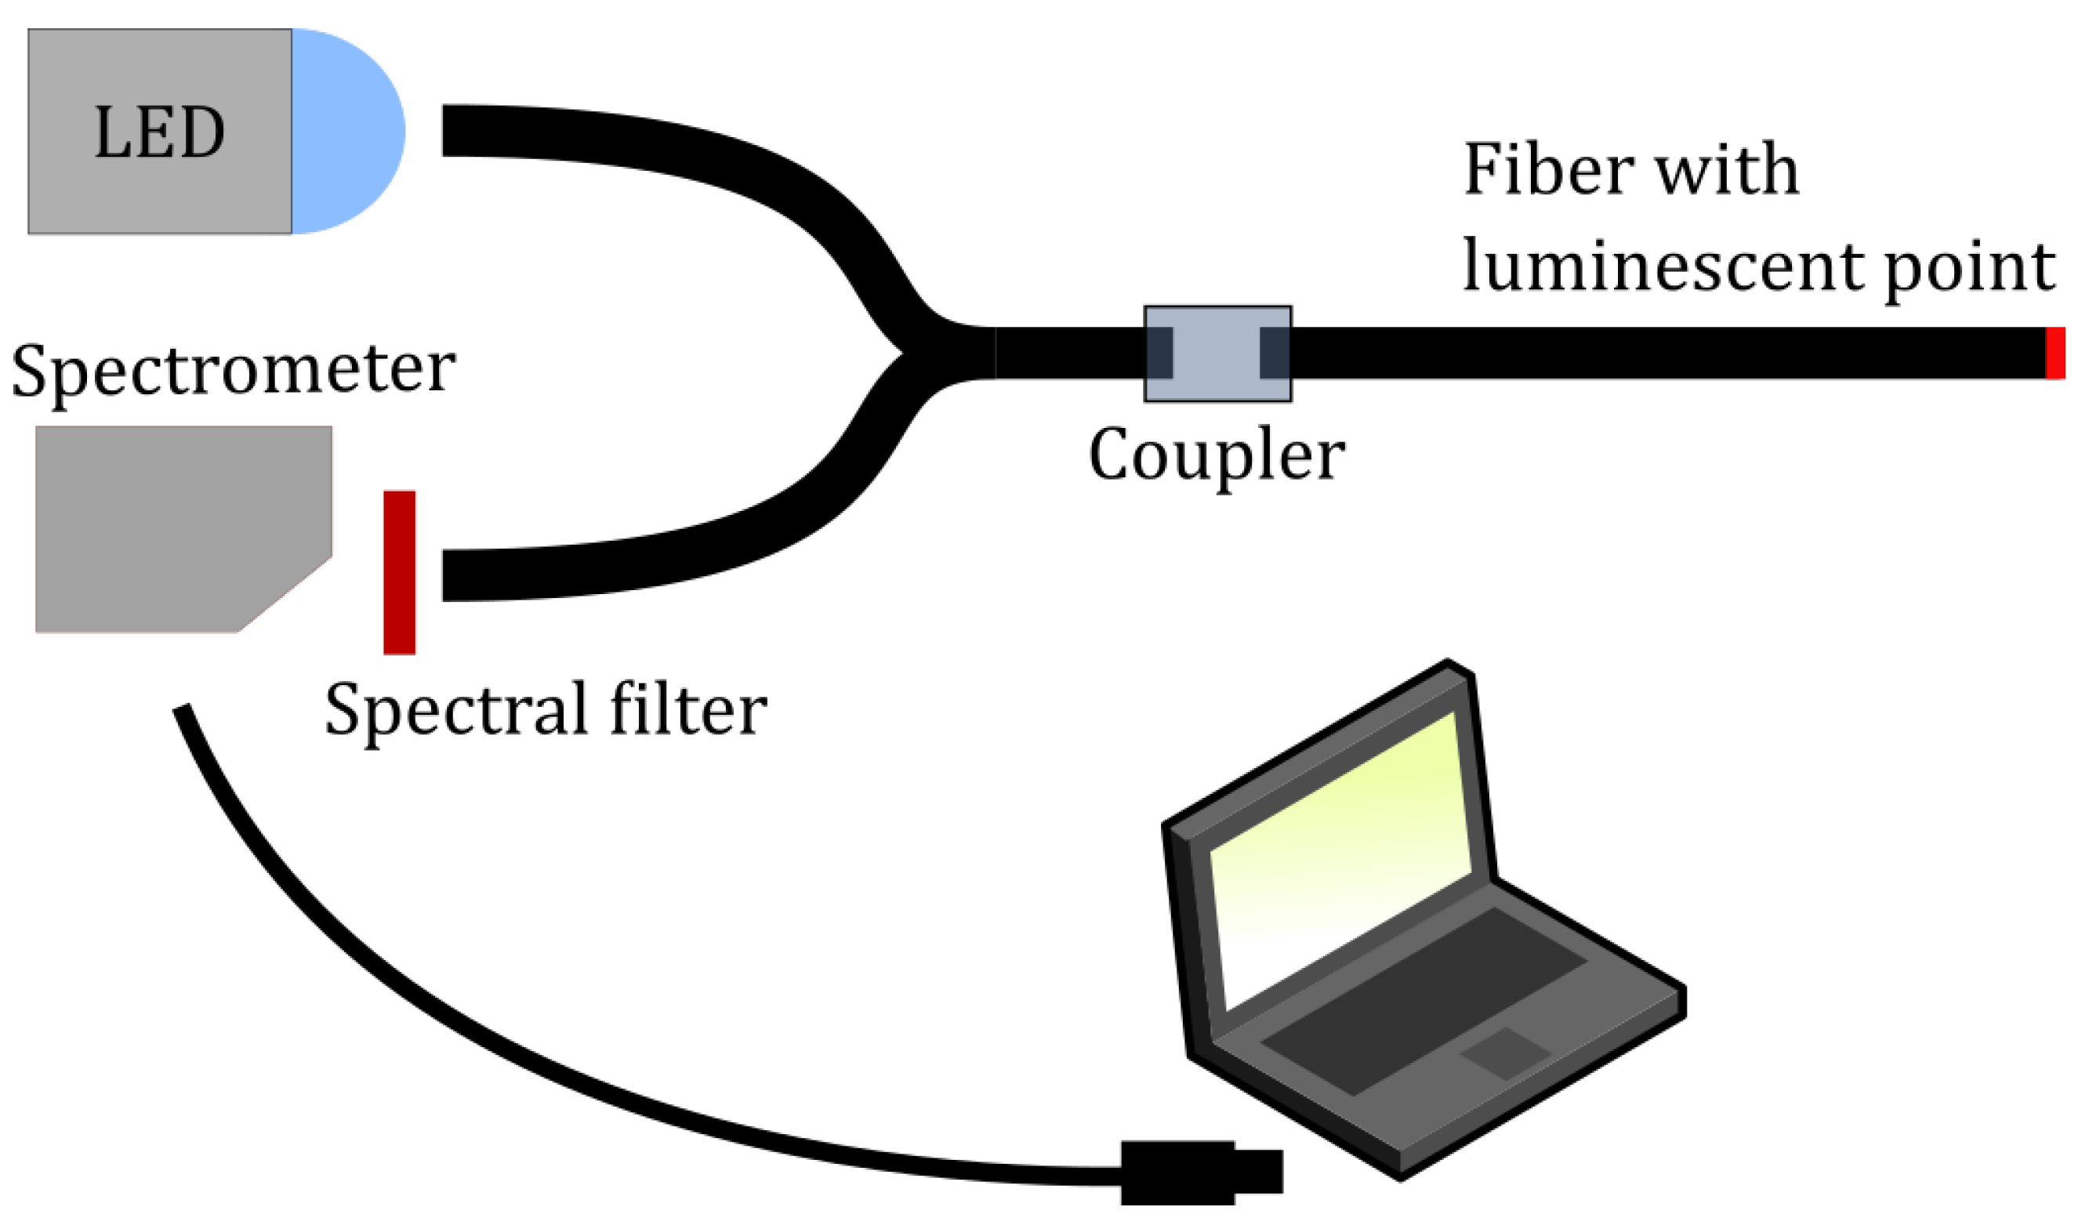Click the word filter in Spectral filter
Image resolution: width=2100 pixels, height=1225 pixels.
(x=687, y=709)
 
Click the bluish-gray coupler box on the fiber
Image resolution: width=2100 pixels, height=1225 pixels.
(x=1217, y=354)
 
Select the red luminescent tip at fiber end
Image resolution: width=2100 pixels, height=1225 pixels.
(x=2055, y=353)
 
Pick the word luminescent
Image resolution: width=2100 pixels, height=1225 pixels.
(x=1663, y=266)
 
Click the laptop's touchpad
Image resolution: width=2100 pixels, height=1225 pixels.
(x=1505, y=1054)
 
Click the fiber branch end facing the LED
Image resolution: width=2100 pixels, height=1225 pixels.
(x=454, y=130)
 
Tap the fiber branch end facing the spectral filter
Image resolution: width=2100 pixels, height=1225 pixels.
(x=454, y=575)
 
